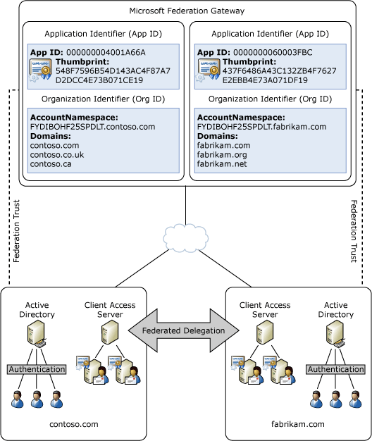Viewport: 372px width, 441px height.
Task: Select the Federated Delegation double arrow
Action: pyautogui.click(x=185, y=330)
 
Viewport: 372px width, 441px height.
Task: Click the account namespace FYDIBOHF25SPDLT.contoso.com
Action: pyautogui.click(x=92, y=126)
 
